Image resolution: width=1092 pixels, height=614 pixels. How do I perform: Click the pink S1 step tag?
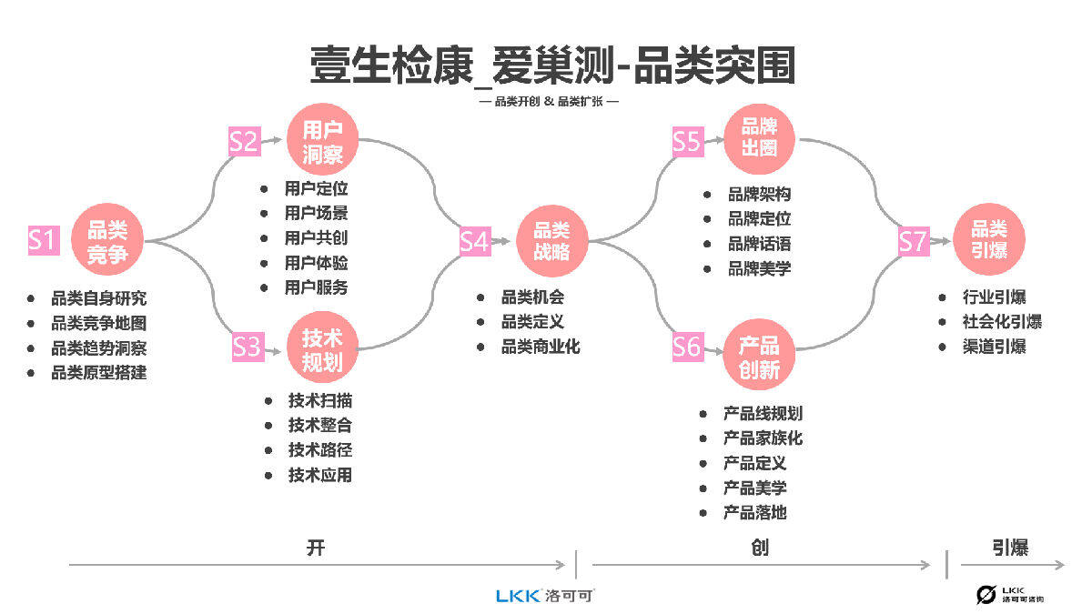tap(42, 241)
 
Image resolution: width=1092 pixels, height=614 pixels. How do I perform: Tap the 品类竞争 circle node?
tap(107, 241)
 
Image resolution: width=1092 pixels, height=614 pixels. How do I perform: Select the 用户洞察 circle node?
tap(322, 141)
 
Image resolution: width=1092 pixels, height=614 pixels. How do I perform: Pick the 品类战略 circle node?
tap(551, 241)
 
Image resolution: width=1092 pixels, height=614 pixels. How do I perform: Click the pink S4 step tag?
tap(474, 241)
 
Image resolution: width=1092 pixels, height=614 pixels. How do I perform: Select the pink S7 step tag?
tap(914, 241)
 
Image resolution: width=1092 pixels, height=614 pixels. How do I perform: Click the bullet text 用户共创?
tap(316, 238)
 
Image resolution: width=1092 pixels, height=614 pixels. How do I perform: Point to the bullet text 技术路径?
tap(320, 449)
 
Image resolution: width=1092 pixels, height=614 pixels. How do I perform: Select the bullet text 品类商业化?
tap(541, 347)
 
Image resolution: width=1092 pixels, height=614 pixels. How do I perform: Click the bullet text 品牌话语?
tap(759, 244)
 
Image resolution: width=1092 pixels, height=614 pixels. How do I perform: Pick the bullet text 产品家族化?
tap(763, 438)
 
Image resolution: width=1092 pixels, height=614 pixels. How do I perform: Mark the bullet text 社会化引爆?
tap(1002, 322)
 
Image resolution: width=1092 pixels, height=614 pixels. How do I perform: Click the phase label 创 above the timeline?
tap(760, 548)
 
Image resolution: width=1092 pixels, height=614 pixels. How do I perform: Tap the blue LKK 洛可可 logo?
tap(545, 596)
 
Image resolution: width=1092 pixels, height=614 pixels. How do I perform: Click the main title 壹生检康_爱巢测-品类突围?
tap(552, 65)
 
